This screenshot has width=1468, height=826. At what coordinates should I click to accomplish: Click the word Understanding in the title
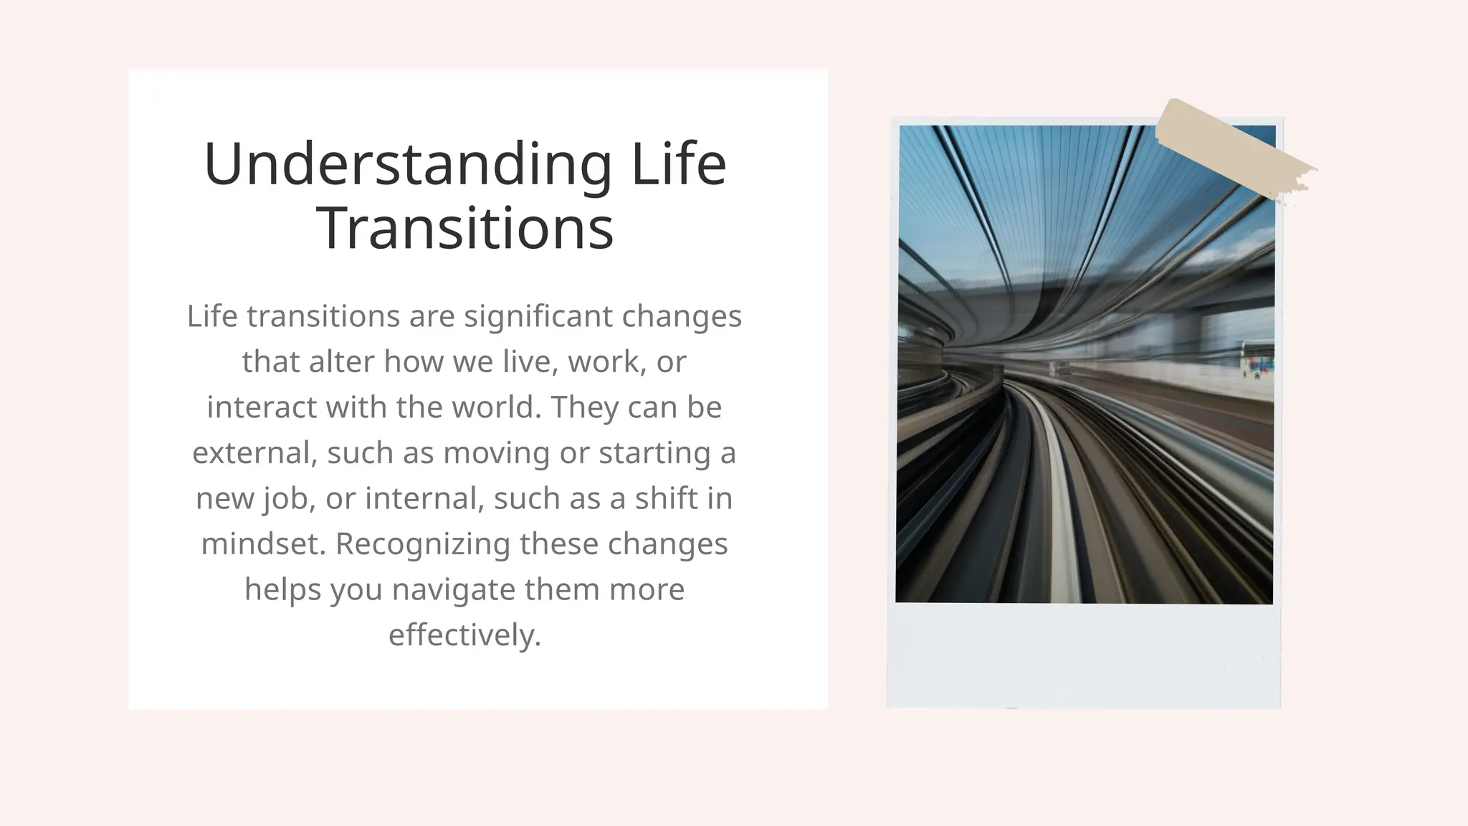click(x=407, y=164)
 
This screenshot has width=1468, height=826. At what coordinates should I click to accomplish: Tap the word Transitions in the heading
click(x=464, y=228)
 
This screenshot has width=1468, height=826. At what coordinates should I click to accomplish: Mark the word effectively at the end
click(x=464, y=635)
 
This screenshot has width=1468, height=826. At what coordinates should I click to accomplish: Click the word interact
click(x=262, y=407)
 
